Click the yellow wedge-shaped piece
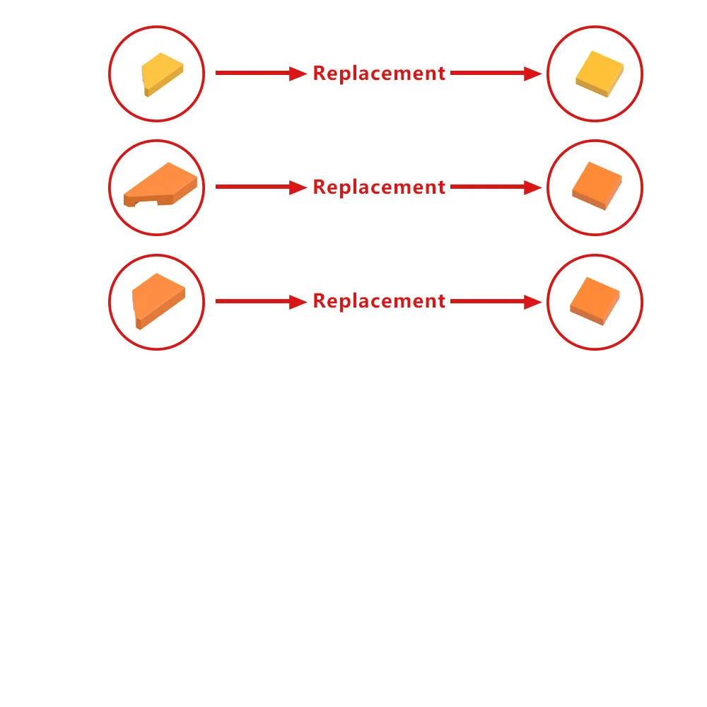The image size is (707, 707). pos(163,74)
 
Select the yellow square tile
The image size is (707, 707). pos(600,74)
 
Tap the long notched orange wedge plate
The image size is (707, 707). pos(160,185)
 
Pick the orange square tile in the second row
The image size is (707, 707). pos(597,186)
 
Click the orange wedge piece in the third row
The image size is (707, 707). pos(158,300)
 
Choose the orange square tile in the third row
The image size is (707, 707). pos(595,300)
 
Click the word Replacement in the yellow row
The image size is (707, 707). pos(379,74)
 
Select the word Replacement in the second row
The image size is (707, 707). pos(379,187)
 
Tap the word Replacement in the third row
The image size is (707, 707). pos(379,301)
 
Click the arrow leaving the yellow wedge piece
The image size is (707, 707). pos(262,73)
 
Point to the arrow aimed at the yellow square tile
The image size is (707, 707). pos(496,73)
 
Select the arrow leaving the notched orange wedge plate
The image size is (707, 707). pos(262,187)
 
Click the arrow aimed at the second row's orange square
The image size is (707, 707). pos(496,187)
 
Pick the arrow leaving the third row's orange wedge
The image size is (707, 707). pos(262,301)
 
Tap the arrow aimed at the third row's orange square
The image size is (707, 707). pos(496,301)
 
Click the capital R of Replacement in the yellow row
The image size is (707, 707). pos(320,73)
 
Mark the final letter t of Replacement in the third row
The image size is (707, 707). pos(441,300)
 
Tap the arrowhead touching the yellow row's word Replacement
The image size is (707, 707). pos(298,73)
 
